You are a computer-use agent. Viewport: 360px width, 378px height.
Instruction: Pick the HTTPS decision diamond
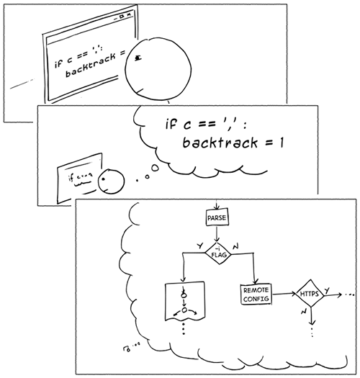click(308, 294)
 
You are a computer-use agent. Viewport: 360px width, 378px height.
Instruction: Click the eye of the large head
click(139, 58)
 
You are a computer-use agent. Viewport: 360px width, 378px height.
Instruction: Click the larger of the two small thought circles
click(153, 169)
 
